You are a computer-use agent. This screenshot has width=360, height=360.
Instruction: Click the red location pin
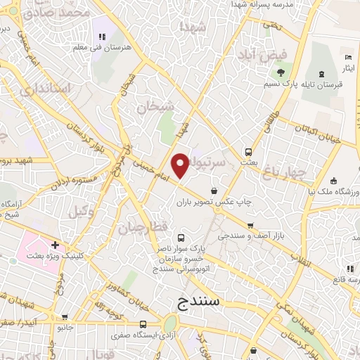[x=181, y=165]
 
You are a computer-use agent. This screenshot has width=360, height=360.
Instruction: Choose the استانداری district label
[x=46, y=89]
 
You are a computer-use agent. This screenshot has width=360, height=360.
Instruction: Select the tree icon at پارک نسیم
[x=281, y=72]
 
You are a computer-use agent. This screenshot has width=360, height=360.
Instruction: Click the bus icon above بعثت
[x=248, y=152]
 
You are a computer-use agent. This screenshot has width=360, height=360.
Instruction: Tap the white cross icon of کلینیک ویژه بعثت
[x=55, y=245]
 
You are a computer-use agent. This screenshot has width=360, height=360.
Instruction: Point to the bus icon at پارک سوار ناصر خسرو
[x=181, y=238]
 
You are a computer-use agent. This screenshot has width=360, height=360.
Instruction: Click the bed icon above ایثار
[x=347, y=57]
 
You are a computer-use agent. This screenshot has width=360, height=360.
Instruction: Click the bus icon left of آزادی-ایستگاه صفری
[x=143, y=325]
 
